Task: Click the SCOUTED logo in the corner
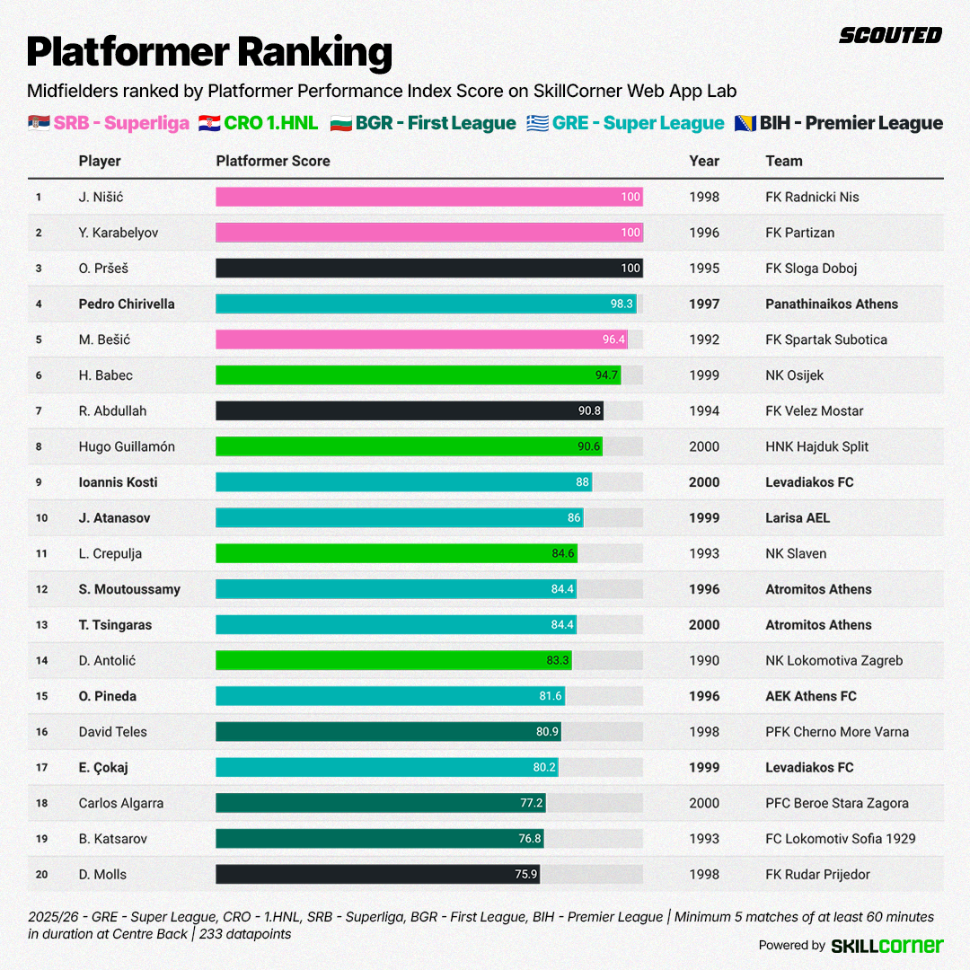(890, 35)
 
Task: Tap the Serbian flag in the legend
(39, 123)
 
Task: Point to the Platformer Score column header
(273, 161)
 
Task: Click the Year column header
(704, 161)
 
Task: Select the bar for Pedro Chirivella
(426, 304)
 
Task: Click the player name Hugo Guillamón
(127, 446)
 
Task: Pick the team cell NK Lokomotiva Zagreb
(833, 660)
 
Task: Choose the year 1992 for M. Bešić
(704, 339)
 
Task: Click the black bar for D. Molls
(377, 874)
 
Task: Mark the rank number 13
(41, 625)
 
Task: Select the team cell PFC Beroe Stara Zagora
(837, 803)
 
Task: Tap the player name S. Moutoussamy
(129, 589)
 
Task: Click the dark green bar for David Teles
(388, 732)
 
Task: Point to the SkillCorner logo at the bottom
(887, 945)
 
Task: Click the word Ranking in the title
(314, 52)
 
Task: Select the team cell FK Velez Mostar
(815, 410)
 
